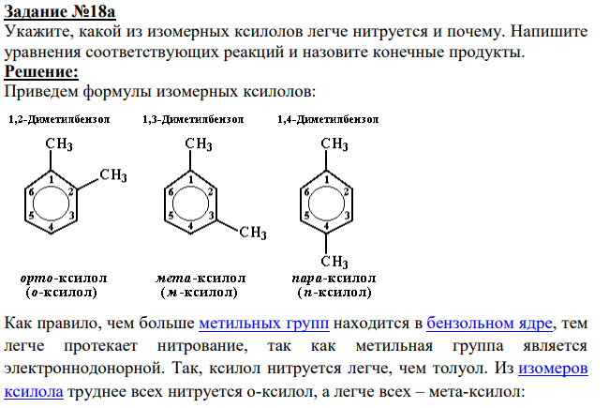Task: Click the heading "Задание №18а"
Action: click(60, 11)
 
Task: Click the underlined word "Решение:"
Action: click(41, 72)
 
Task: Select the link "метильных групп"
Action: click(264, 324)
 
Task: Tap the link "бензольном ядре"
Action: click(489, 324)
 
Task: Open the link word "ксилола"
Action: click(34, 391)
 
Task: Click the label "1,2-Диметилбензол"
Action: click(59, 119)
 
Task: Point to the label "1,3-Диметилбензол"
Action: click(193, 119)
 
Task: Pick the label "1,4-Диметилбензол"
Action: click(328, 119)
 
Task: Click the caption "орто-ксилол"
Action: click(64, 279)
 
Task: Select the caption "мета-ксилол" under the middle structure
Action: click(201, 279)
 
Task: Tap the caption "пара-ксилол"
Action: click(334, 279)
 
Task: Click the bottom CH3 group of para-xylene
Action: click(334, 262)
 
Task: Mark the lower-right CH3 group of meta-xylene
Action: click(253, 233)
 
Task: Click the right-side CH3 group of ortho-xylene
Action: click(113, 175)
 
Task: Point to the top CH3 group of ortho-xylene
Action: click(59, 144)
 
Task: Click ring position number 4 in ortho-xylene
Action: click(51, 226)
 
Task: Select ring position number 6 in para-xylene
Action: click(306, 191)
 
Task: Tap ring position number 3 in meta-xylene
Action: click(211, 216)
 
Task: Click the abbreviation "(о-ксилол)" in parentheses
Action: click(61, 292)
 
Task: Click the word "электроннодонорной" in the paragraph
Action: click(82, 369)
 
